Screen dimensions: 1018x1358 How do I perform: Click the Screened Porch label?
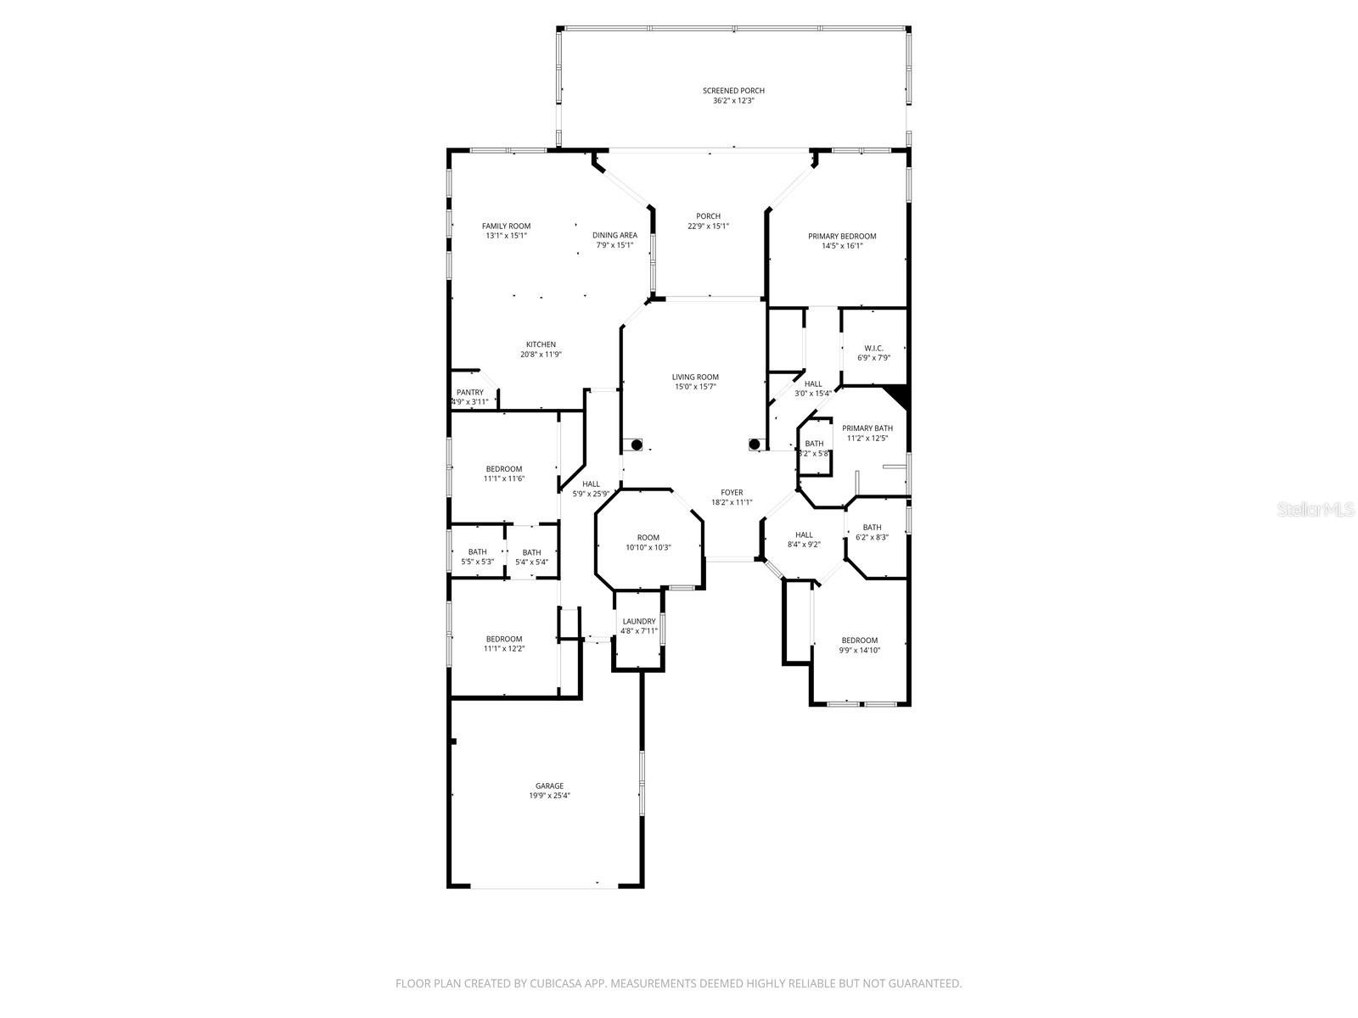733,91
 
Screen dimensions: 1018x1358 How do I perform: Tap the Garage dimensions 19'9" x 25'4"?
549,796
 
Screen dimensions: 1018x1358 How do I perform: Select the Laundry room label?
638,621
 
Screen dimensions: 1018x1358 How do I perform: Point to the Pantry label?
469,392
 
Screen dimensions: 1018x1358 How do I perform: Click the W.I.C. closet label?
873,348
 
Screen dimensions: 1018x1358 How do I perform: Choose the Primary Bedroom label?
841,236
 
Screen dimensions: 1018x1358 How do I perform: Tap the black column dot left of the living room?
637,445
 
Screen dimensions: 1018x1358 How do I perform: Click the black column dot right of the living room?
754,444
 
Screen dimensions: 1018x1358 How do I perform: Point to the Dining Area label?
614,235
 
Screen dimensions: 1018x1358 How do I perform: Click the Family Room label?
506,226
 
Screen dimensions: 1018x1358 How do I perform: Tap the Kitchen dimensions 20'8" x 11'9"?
541,355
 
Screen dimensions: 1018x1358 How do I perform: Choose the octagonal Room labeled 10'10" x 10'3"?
648,542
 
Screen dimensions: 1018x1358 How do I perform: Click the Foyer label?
732,492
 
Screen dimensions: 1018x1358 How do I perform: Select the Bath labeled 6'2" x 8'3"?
872,532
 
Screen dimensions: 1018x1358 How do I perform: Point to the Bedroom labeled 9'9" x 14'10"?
859,645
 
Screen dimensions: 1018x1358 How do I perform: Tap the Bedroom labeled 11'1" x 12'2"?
503,644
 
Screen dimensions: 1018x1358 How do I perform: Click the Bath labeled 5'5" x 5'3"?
477,557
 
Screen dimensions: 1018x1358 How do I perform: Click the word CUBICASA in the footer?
552,983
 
